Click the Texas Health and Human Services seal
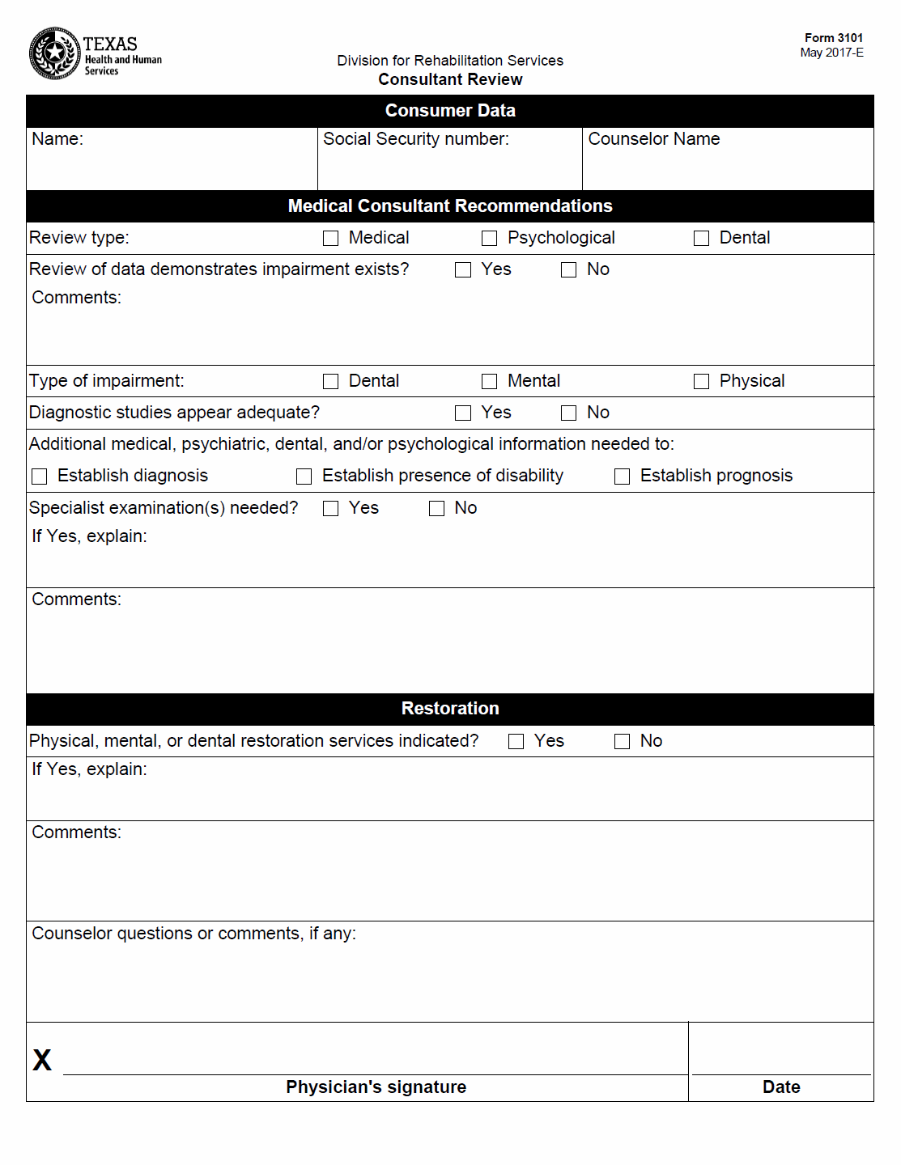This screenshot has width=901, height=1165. [54, 53]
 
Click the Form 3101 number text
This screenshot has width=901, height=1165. [833, 38]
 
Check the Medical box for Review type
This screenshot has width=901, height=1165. [330, 238]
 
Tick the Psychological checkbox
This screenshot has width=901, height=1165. [489, 238]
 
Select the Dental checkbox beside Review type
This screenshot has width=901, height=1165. [701, 238]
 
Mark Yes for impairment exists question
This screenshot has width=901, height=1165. [463, 269]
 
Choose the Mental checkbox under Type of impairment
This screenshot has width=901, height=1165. [489, 381]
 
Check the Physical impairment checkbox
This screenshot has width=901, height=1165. [701, 381]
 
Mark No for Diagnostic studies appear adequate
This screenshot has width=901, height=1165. [569, 413]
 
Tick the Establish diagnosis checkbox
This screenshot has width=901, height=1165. [39, 477]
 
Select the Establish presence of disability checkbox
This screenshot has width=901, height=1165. [304, 477]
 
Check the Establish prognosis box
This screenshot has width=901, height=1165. [622, 477]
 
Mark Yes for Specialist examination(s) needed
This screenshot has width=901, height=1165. [330, 508]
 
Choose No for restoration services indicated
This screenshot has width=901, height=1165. [622, 741]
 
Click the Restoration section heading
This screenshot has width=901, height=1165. [450, 709]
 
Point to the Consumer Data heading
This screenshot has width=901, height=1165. [450, 111]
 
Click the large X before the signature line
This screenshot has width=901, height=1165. [42, 1060]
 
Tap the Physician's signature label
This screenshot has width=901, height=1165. [376, 1087]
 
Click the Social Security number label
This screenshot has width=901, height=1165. [416, 139]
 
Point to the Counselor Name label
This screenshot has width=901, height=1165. [653, 139]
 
